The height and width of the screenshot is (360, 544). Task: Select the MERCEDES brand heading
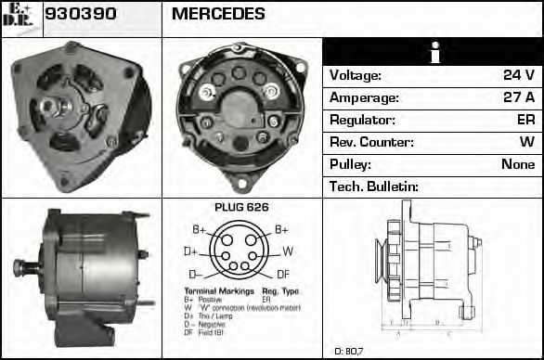point(218,14)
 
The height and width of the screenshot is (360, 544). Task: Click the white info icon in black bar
point(433,52)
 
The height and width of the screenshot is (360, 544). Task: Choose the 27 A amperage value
point(518,97)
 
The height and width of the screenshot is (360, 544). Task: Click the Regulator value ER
point(525,120)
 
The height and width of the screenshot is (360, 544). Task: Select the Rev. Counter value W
point(527,142)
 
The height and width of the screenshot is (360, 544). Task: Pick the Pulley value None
point(518,164)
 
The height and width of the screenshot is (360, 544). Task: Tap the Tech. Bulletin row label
point(374,186)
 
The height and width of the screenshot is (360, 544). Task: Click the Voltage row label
point(356,75)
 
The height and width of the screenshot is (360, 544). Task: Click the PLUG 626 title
point(241,207)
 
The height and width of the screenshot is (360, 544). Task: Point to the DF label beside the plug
point(283,275)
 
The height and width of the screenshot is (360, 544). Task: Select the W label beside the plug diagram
point(288,251)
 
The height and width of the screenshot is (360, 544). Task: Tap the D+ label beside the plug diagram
point(190,251)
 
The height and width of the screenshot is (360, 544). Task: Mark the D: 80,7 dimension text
point(350,351)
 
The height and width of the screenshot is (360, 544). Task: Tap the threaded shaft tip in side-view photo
point(19,268)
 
